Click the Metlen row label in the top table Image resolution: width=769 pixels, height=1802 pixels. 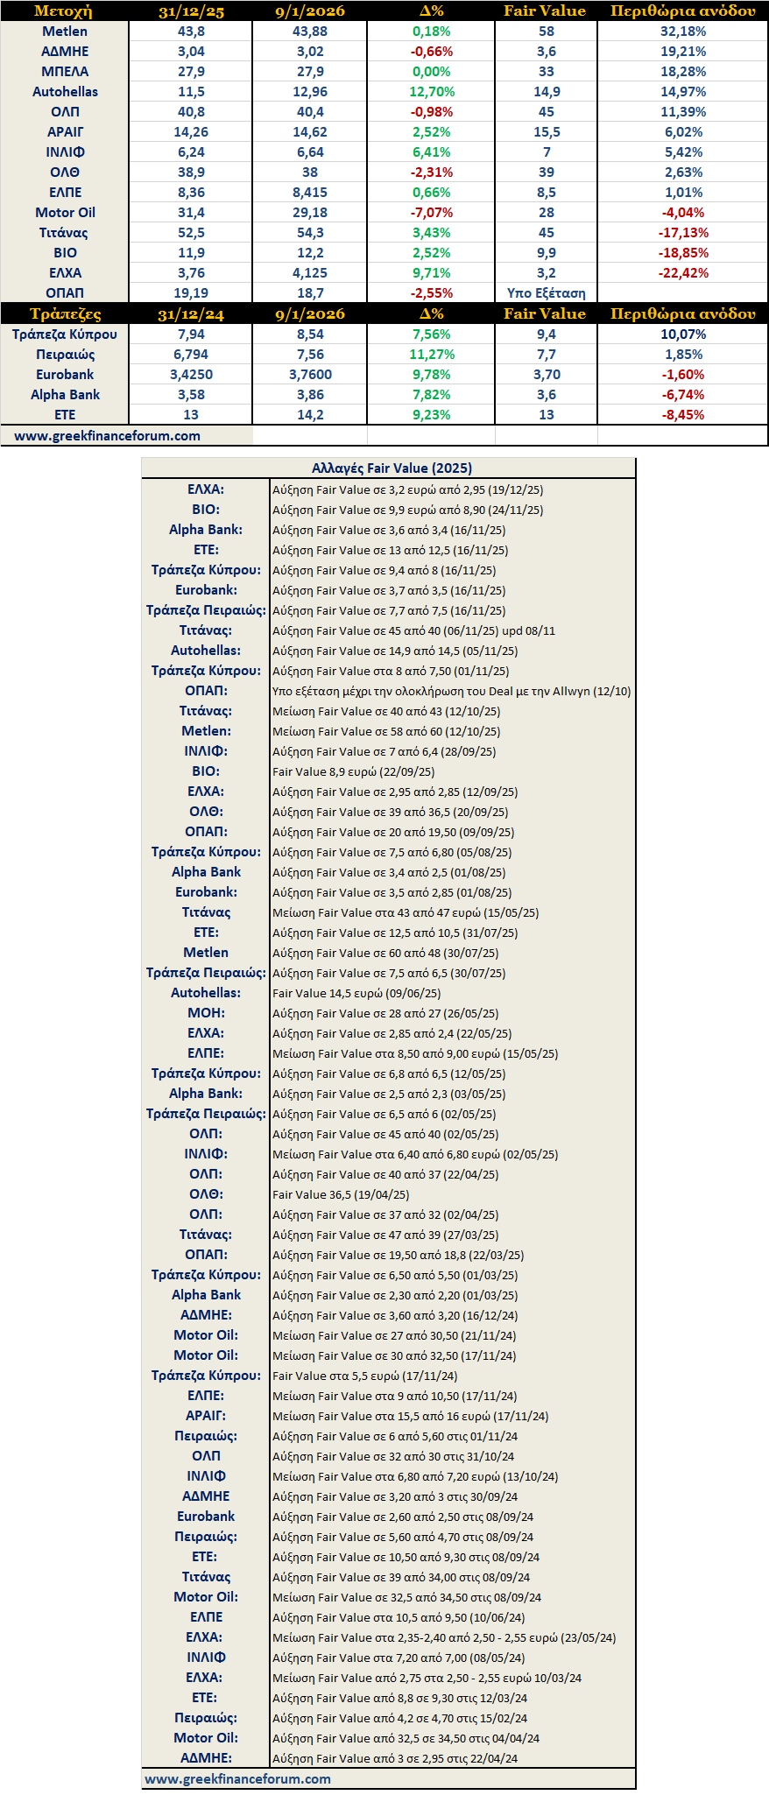(x=65, y=32)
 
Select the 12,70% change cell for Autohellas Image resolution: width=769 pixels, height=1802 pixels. (x=432, y=92)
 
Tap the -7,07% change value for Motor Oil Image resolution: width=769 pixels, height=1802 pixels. (x=432, y=213)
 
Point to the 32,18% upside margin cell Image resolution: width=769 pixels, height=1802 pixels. (x=683, y=32)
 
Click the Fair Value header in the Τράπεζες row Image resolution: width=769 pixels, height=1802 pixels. (x=545, y=313)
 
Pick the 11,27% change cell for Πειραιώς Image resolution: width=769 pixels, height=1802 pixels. (x=432, y=355)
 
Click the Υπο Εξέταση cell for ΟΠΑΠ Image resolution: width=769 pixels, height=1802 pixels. (x=546, y=293)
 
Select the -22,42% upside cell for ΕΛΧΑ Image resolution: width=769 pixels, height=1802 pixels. (x=683, y=273)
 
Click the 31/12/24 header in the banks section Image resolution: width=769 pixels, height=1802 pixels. (x=191, y=313)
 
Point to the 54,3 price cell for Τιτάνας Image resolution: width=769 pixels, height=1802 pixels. (x=310, y=233)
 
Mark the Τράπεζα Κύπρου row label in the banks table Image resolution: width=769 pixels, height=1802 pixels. (x=65, y=334)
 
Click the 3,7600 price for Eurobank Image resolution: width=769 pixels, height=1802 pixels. (x=310, y=375)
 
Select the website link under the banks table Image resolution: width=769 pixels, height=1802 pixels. (x=107, y=435)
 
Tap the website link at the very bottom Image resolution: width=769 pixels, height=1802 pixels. (x=237, y=1778)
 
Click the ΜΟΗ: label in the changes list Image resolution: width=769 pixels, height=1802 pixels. (x=206, y=1013)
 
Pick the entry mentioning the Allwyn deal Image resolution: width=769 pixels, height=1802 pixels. (x=451, y=691)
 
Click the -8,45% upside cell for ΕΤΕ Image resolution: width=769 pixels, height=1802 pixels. (x=683, y=415)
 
